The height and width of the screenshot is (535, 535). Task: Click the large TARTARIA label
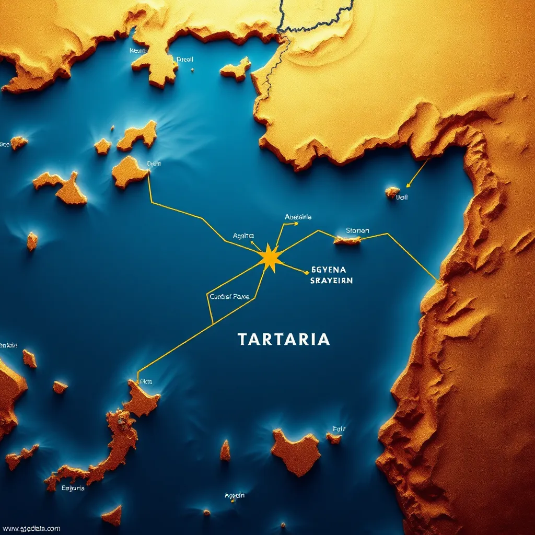point(284,339)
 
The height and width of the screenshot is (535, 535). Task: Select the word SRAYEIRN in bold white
point(331,281)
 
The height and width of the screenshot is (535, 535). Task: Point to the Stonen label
point(357,230)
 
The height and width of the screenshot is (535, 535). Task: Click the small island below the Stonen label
point(347,240)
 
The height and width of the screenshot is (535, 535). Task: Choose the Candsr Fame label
point(229,297)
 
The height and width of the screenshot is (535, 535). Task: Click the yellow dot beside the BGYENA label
point(306,272)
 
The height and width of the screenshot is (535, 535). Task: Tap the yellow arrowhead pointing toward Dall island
point(409,184)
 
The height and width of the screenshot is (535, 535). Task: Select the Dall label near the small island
point(402,198)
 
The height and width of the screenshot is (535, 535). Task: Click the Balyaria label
point(73,489)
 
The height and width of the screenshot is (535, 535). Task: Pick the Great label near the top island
point(185,59)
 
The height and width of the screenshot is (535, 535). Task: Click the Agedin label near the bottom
point(235,495)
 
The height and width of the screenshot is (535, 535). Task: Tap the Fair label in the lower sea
point(339,429)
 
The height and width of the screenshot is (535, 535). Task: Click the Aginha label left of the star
point(243,236)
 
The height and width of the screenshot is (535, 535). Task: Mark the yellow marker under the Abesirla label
point(296,224)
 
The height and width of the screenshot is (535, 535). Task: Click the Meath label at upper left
point(137,51)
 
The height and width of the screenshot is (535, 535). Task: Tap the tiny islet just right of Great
point(192,69)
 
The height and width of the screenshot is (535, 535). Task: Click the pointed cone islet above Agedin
point(225,450)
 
